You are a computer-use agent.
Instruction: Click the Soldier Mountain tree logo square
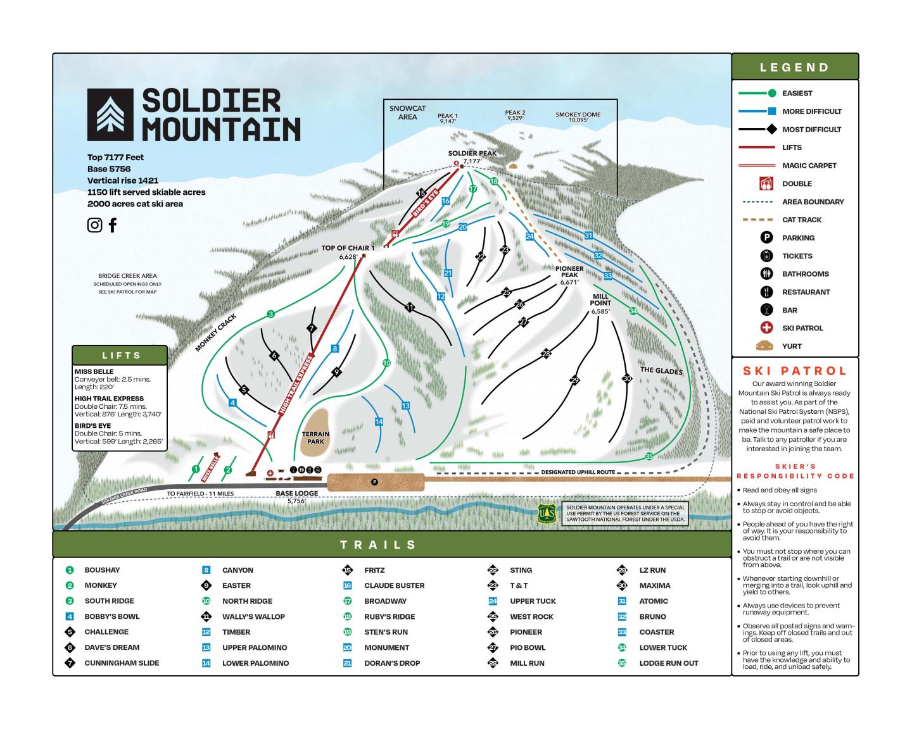(110, 114)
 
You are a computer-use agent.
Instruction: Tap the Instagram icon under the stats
(94, 225)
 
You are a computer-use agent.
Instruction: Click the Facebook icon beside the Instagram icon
(113, 225)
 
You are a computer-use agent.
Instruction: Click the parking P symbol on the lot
(374, 482)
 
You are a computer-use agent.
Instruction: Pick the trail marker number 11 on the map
(410, 308)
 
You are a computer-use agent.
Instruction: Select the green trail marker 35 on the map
(649, 456)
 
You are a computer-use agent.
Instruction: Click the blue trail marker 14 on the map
(379, 421)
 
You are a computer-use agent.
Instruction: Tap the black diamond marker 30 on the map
(627, 378)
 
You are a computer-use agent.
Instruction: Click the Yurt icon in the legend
(766, 346)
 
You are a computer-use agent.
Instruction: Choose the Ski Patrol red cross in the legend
(766, 328)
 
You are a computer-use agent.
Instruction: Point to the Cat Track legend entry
(801, 220)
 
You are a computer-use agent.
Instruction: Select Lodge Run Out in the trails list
(668, 663)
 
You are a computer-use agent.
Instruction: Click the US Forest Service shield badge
(547, 514)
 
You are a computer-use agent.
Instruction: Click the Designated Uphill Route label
(578, 472)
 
